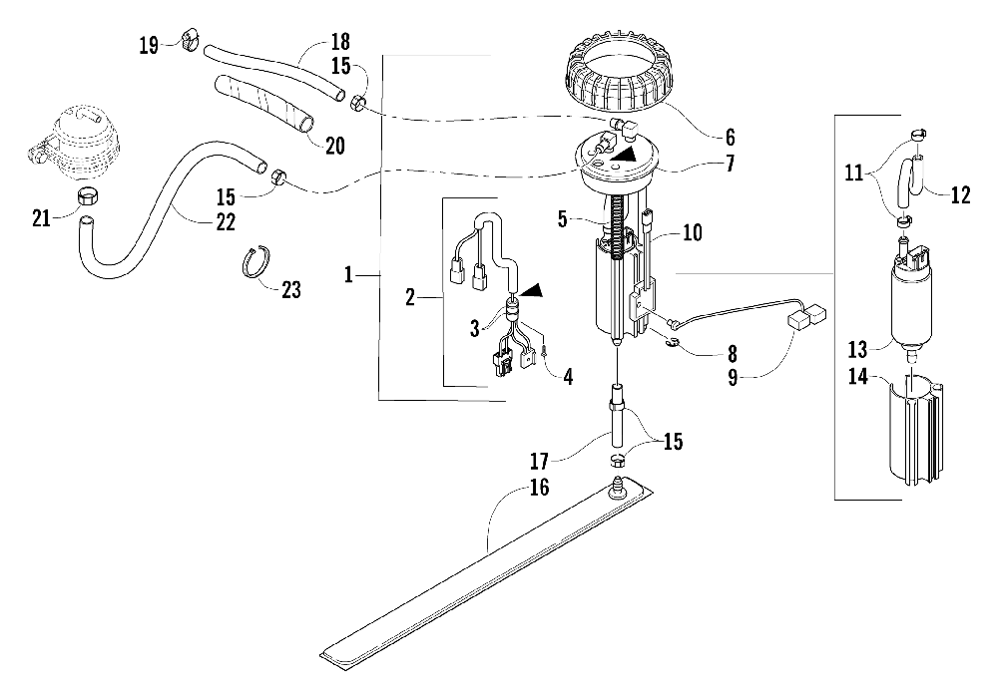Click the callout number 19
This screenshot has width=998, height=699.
(149, 45)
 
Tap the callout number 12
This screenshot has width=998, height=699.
(960, 196)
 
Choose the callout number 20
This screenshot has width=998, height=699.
(334, 146)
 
